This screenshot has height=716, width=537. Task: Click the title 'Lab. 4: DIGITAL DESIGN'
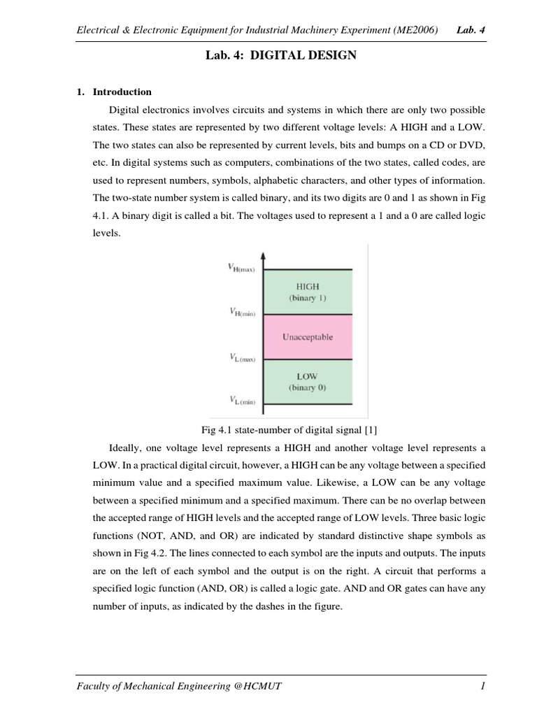pos(278,55)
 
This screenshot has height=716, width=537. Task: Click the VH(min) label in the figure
pos(241,313)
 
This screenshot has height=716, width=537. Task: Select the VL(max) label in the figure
pos(241,357)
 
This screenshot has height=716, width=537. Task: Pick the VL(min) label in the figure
pos(241,401)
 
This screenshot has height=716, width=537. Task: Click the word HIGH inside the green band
pos(307,286)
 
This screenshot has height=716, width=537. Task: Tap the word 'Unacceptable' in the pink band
pos(307,337)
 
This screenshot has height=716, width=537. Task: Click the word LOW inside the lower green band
pos(307,376)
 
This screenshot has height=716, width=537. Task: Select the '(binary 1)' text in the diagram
pos(307,298)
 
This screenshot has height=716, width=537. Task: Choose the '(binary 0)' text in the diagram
pos(307,387)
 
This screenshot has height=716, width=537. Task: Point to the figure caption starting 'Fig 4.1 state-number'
pos(278,429)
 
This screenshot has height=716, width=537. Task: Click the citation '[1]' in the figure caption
pos(370,429)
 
